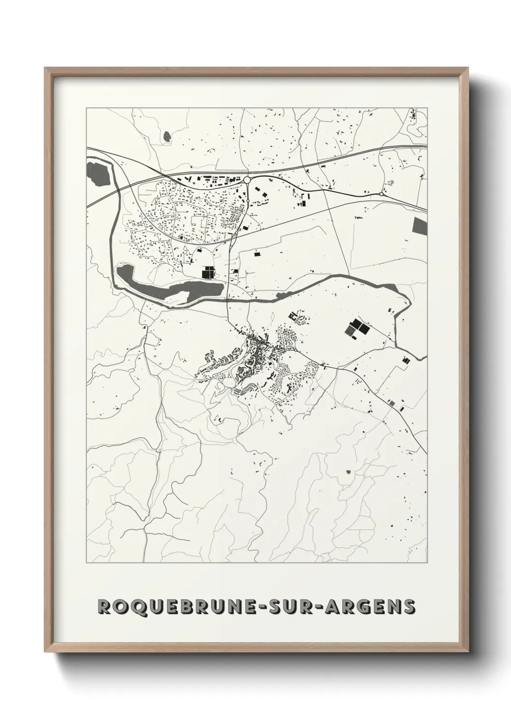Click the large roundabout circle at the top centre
tap(247, 180)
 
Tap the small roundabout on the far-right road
tap(382, 194)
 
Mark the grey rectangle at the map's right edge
tap(420, 226)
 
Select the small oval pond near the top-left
tap(167, 137)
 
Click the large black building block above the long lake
tap(208, 273)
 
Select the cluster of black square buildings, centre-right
tap(356, 329)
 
